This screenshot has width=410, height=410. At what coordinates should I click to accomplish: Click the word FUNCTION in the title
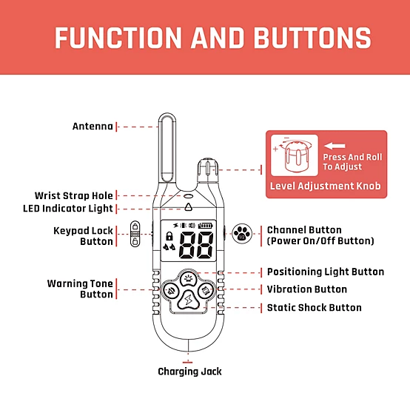click(x=118, y=38)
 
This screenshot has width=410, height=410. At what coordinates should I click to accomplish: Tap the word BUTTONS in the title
click(x=312, y=38)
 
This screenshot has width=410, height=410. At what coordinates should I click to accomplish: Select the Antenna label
click(x=93, y=127)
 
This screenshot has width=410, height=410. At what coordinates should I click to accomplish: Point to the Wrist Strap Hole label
click(x=74, y=195)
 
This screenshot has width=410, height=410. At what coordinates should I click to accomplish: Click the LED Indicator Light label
click(x=68, y=209)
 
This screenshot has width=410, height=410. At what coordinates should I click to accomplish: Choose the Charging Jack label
click(x=190, y=372)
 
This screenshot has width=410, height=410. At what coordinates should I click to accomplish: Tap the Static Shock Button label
click(x=315, y=308)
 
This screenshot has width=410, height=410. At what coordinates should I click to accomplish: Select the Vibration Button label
click(x=307, y=289)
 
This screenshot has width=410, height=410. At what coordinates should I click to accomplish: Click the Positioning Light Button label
click(x=326, y=272)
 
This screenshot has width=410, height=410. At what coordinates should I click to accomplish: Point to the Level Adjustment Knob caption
click(x=326, y=186)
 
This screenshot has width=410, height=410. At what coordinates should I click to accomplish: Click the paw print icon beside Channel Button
click(x=242, y=234)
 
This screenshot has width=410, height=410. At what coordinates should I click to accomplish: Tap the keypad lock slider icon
click(x=135, y=234)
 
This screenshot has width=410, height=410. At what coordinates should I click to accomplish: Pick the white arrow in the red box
click(x=335, y=146)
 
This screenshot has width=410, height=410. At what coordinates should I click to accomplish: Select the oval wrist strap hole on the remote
click(x=188, y=196)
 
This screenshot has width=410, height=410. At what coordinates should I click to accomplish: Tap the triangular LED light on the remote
click(x=188, y=206)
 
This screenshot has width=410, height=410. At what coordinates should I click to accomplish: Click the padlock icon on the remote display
click(x=169, y=236)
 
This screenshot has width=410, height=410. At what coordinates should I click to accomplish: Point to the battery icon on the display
click(x=206, y=226)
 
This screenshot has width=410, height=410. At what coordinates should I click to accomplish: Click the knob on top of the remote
click(x=208, y=170)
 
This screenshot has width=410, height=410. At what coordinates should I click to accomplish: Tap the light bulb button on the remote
click(x=188, y=279)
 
